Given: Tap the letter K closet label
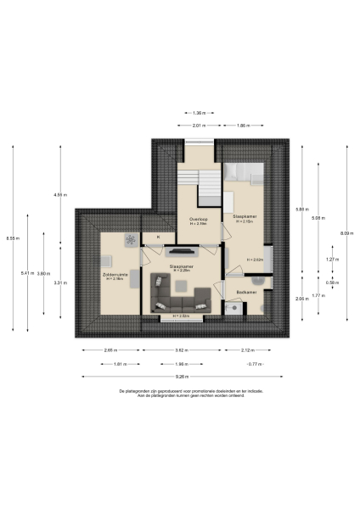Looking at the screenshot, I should (x=156, y=238).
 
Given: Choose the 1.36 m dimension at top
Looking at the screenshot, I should (x=198, y=112).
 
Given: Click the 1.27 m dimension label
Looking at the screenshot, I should (x=333, y=260).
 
